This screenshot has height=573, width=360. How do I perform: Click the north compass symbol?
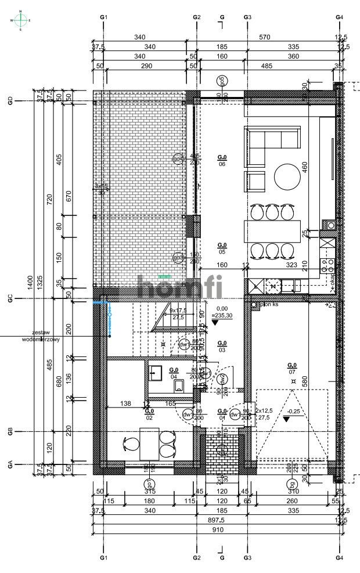[x=21, y=20]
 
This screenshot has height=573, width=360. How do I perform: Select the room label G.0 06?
[x=222, y=160]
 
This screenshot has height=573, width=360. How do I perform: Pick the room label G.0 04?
[x=173, y=373]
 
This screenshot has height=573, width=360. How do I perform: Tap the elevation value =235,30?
[x=222, y=316]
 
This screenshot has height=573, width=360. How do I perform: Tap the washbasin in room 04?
[x=155, y=371]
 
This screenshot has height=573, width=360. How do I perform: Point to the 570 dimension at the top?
[x=265, y=37]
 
